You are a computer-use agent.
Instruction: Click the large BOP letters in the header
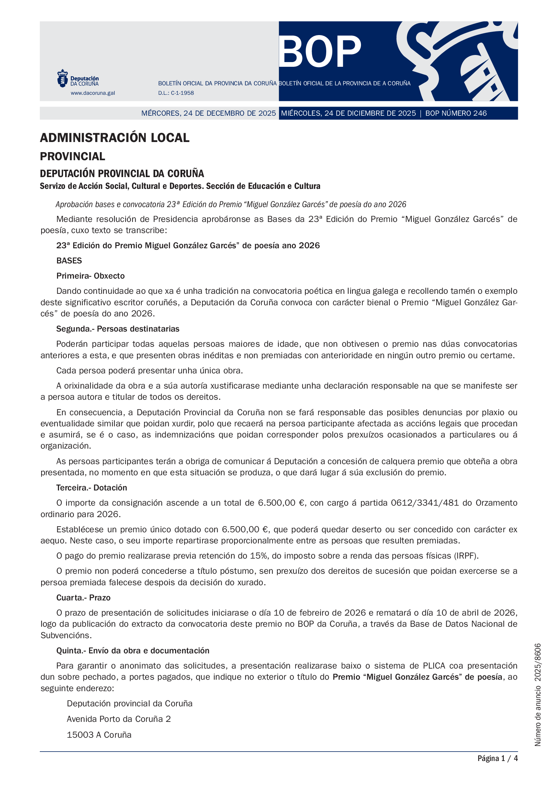point(319,52)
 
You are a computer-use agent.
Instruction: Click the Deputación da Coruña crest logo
point(62,78)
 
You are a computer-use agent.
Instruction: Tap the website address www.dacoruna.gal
point(93,93)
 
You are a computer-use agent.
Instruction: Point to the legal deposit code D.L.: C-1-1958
point(176,93)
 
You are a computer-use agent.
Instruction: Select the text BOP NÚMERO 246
point(456,113)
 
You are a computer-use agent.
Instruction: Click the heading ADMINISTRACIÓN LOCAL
point(114,138)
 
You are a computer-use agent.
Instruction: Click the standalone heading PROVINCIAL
point(73,157)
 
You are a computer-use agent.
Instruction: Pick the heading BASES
point(69,260)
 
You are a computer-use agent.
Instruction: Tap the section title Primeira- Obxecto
point(90,276)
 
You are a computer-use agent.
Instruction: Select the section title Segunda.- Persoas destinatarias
point(118,329)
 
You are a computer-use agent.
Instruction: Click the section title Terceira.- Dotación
point(92,487)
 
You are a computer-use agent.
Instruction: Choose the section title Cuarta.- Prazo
point(83,597)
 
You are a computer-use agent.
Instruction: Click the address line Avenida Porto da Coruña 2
point(118,719)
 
